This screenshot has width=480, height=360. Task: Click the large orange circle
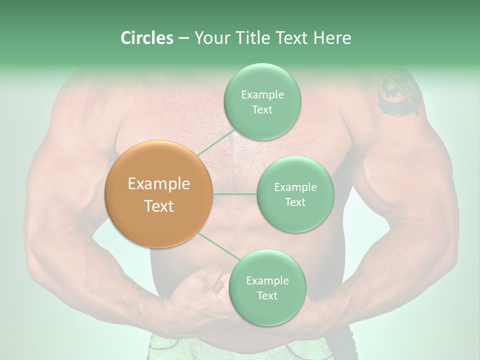tap(159, 194)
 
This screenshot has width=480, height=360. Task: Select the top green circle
tap(262, 101)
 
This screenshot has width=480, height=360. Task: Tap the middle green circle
tap(295, 194)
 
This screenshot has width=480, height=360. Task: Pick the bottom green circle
tap(267, 287)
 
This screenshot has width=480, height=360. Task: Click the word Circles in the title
tap(146, 38)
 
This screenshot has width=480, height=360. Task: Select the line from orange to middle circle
tap(235, 194)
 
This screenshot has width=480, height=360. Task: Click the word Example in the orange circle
tap(159, 184)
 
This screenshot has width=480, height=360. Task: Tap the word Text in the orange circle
tap(159, 206)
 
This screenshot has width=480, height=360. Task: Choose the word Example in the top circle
tap(262, 94)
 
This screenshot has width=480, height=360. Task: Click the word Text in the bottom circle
tap(267, 295)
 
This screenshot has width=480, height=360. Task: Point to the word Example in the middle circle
tap(295, 187)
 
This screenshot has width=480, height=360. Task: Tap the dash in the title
tap(183, 38)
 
